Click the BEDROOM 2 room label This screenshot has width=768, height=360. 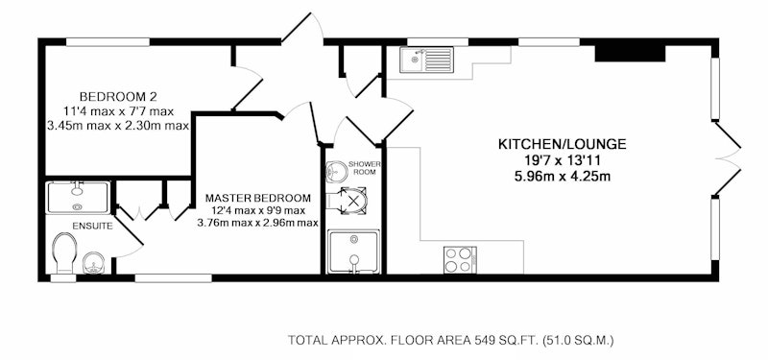pos(118,96)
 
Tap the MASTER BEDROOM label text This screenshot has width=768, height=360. pos(257,199)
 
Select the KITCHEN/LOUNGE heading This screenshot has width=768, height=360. pos(563,144)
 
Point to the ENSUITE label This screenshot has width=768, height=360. pos(92,227)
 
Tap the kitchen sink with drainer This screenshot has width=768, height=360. pos(426,60)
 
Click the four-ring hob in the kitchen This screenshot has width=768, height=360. pos(460,260)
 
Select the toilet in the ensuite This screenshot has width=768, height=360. pos(64,252)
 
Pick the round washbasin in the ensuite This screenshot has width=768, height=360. pos(93,263)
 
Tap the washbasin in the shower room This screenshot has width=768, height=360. pos(337,171)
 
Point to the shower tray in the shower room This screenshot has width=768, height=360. pos(353,252)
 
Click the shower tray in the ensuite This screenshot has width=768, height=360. pos(78,198)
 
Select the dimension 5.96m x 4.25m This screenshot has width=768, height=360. pos(563,177)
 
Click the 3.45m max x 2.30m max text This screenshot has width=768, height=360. pos(118,126)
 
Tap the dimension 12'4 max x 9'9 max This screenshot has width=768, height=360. pos(257,210)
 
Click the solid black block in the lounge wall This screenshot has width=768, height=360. pos(630,54)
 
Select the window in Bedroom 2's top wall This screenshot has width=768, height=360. pos(108,42)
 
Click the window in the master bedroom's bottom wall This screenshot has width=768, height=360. pos(174,278)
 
